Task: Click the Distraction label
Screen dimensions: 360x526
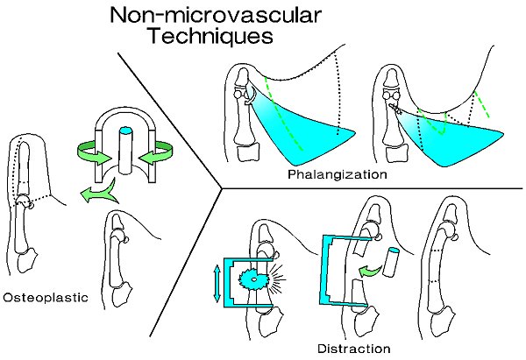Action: pos(353,349)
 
